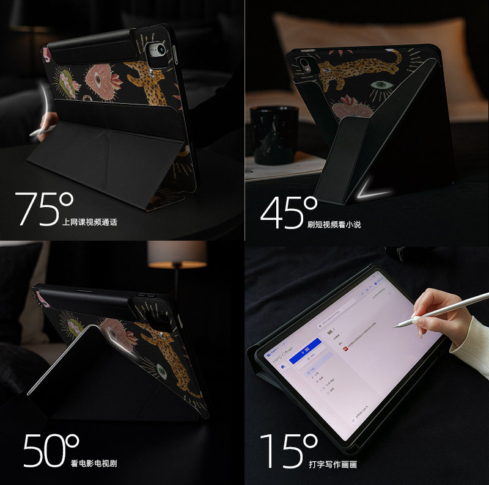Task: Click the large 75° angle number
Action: tap(43, 209)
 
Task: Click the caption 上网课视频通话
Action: tap(89, 222)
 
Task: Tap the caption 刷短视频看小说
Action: tap(334, 224)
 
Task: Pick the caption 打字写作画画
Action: tap(333, 464)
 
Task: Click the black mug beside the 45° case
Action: tap(275, 135)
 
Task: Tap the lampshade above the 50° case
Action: tap(177, 253)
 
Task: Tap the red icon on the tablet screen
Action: tap(344, 349)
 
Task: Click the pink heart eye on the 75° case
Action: tap(96, 79)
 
